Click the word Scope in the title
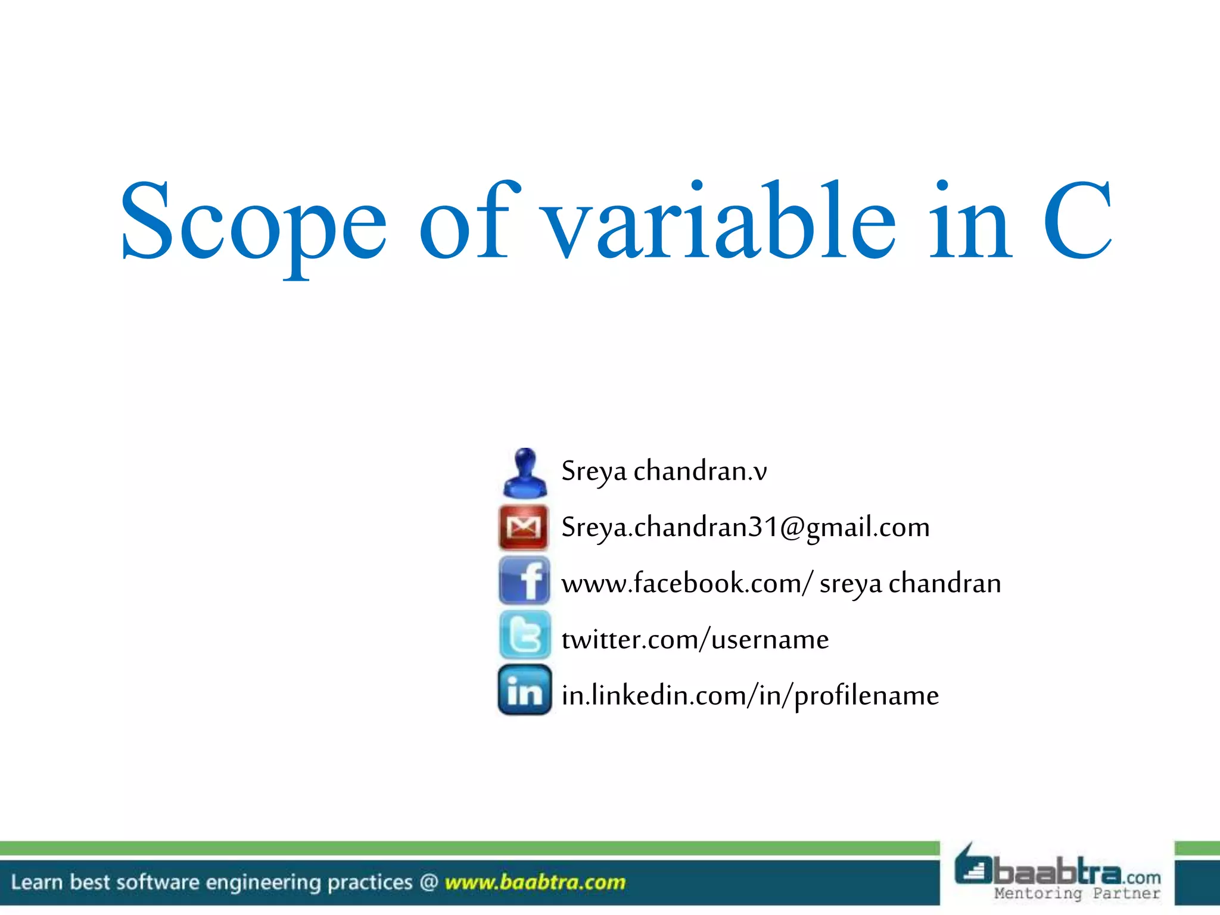coord(253,223)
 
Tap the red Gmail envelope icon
coord(524,527)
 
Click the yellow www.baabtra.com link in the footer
coord(535,882)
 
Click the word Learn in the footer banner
coord(37,882)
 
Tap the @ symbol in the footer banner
coord(429,882)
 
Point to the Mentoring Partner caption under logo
coord(1077,894)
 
